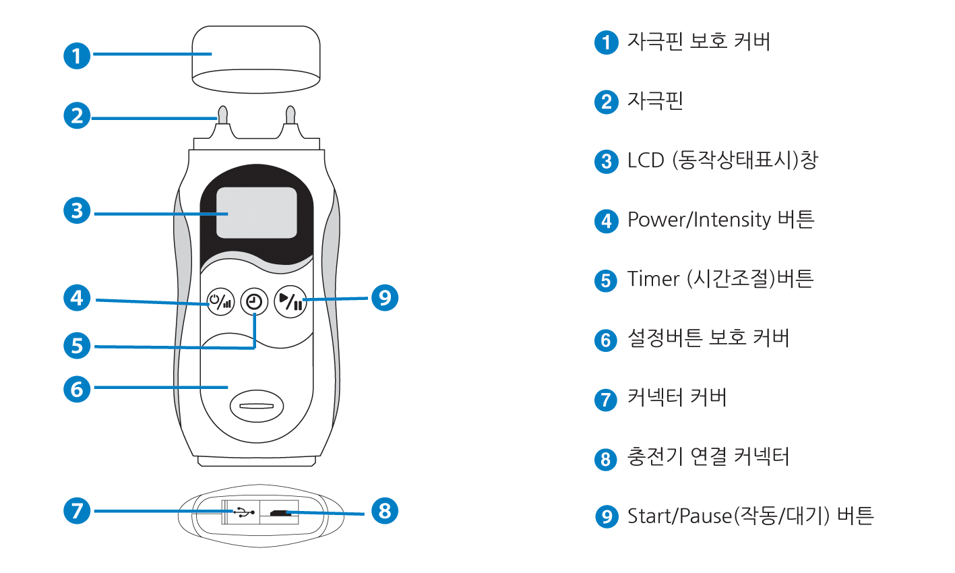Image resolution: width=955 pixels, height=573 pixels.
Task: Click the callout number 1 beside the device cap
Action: pos(77,55)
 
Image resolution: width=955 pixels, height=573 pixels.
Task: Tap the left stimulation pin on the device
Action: pos(222,115)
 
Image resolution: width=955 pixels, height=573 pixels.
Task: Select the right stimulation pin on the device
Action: pos(291,115)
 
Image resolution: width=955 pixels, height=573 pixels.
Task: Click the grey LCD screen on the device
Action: pos(256,212)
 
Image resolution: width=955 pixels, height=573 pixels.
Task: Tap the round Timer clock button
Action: pos(254,302)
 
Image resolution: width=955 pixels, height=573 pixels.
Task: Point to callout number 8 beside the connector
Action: pos(384,510)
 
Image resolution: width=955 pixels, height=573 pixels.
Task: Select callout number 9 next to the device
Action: pos(385,297)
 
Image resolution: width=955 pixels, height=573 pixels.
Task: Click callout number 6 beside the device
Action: pos(77,388)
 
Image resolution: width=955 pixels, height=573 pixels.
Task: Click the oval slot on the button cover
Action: pos(256,406)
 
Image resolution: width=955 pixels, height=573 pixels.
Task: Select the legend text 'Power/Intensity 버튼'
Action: pos(720,220)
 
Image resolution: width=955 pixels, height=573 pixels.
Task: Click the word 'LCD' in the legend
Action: pos(646,160)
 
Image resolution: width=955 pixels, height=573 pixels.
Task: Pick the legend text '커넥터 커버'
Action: pos(677,398)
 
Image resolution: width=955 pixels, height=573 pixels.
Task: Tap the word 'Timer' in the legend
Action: pos(652,279)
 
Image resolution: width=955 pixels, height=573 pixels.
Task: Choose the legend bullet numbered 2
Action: pos(606,102)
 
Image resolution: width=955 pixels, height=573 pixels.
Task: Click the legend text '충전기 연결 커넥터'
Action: pos(708,457)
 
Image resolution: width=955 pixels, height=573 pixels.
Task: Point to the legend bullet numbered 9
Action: pos(606,517)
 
